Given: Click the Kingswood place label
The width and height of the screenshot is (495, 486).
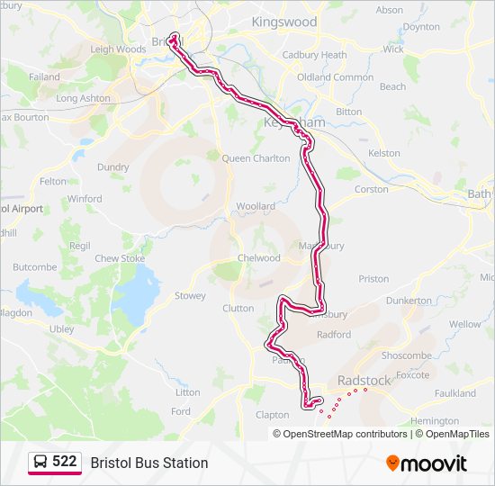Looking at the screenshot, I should coord(284,22).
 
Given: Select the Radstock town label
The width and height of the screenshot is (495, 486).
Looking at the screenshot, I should coord(364,381).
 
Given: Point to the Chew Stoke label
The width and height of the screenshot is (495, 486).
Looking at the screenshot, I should coord(120,258).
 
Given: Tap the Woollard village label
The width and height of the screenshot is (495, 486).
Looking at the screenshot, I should coord(256,206).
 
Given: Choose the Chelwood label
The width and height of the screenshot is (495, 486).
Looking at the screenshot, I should coord(258,258).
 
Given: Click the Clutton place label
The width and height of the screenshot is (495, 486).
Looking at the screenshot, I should coord(238,308).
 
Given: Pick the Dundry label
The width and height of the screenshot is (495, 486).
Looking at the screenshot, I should coord(113,166).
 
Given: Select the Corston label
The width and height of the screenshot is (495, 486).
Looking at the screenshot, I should coord(373,190).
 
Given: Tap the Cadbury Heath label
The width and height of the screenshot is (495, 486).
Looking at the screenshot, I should coord(314,55).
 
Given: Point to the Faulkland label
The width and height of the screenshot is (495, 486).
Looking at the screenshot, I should coord(455,393).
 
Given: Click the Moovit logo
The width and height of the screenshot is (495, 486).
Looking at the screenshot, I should coord(427,463).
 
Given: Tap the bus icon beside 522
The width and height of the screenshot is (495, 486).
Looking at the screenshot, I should coord(40,463).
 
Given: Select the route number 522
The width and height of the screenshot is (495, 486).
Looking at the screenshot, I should coord(65,462).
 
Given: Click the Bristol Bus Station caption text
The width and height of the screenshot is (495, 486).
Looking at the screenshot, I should coord(149,463).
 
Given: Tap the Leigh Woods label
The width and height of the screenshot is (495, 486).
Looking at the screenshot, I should coord(119,49).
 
